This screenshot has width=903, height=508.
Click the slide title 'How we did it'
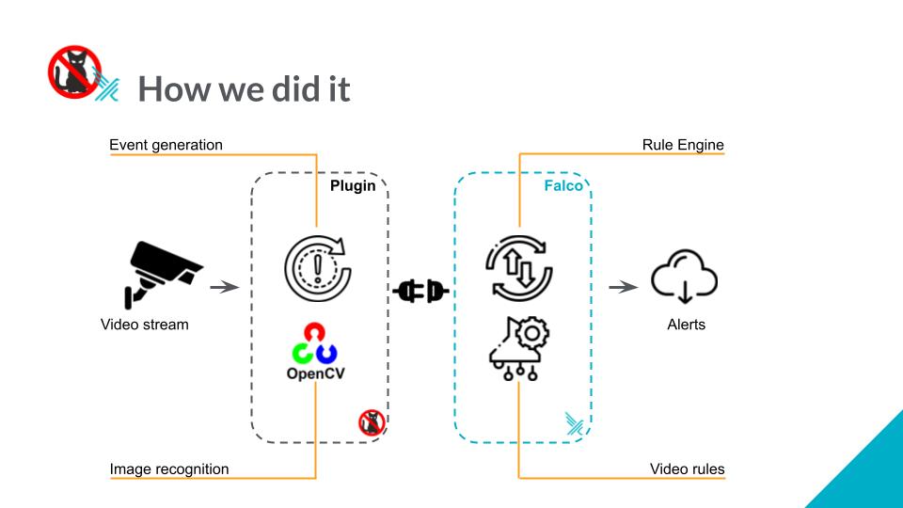(244, 89)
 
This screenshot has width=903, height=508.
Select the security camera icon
(162, 274)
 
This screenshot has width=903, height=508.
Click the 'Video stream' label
(144, 325)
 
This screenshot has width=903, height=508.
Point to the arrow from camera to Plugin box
(223, 287)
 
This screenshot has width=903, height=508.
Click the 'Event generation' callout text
(166, 145)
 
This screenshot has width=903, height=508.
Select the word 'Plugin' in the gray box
(353, 186)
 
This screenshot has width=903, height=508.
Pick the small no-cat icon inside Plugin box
(372, 422)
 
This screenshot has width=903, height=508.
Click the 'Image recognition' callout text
(168, 468)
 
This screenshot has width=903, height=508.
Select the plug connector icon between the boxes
(420, 292)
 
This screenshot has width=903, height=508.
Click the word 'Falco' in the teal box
(563, 186)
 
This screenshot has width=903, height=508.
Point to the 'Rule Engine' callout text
(683, 145)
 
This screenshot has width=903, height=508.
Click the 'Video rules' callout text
(687, 468)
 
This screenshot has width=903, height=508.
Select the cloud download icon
(685, 277)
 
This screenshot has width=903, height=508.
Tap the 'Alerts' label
(686, 325)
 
